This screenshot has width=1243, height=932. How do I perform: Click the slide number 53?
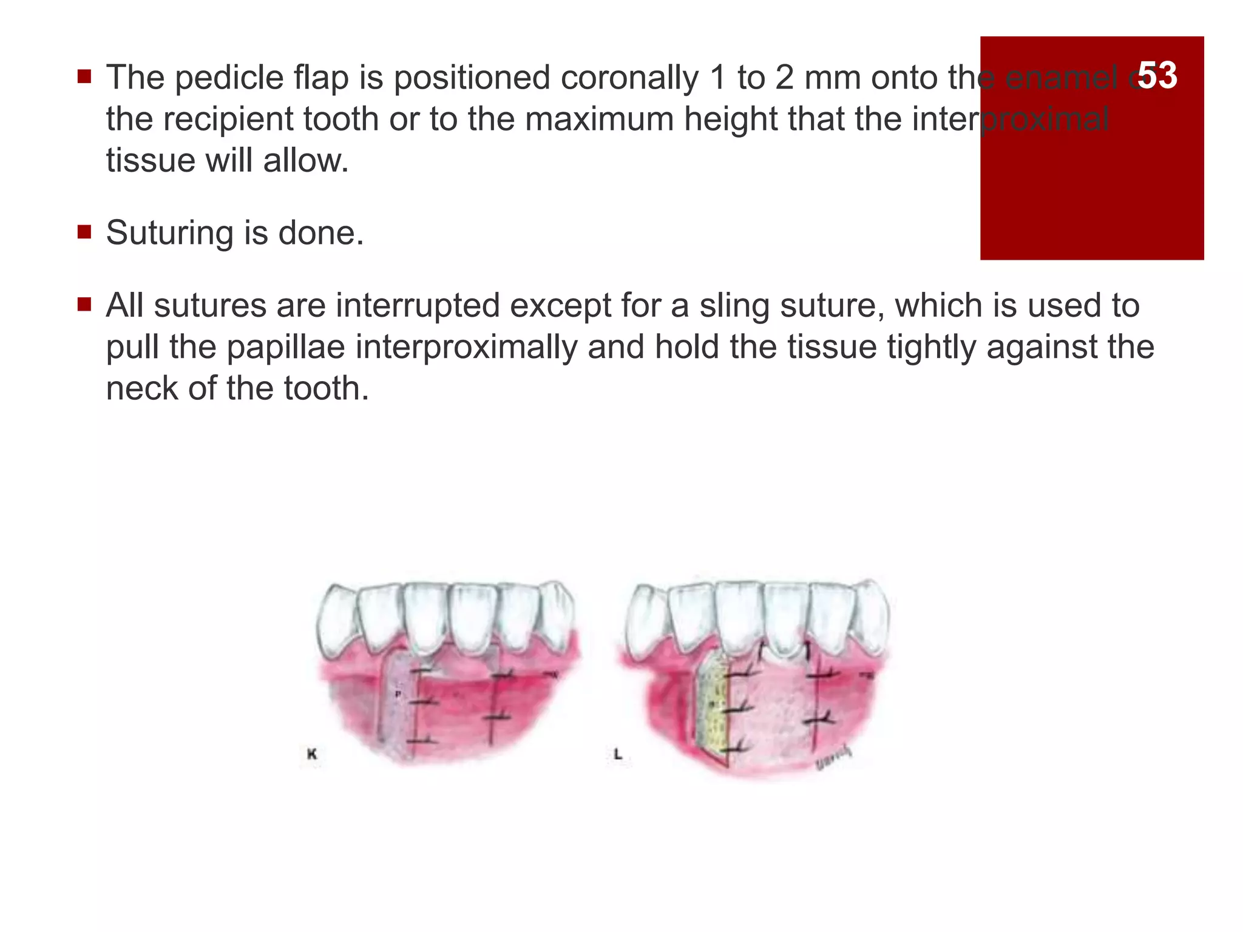coord(1157,75)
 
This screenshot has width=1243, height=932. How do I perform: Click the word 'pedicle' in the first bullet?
coord(230,78)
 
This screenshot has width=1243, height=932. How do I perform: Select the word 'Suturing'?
coord(169,233)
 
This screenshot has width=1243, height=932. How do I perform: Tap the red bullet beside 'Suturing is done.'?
coord(84,232)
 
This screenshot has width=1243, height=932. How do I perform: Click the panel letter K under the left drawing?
coord(312,754)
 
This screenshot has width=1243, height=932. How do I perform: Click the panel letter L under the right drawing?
coord(618,754)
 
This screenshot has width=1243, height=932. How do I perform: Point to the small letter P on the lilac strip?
coord(398,693)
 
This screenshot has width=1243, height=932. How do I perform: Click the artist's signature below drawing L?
coord(833,758)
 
